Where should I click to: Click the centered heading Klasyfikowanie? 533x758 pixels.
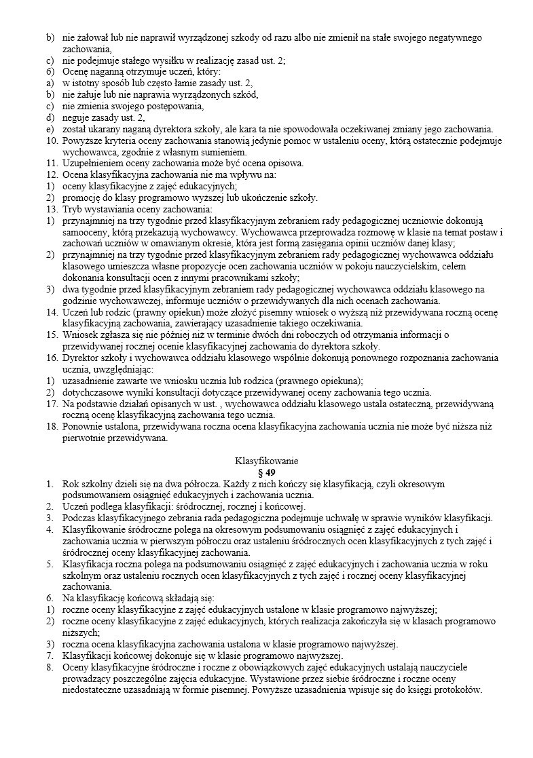[x=266, y=461]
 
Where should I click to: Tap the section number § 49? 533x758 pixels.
[x=266, y=472]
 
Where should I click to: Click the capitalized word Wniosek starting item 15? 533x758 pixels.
[x=79, y=335]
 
